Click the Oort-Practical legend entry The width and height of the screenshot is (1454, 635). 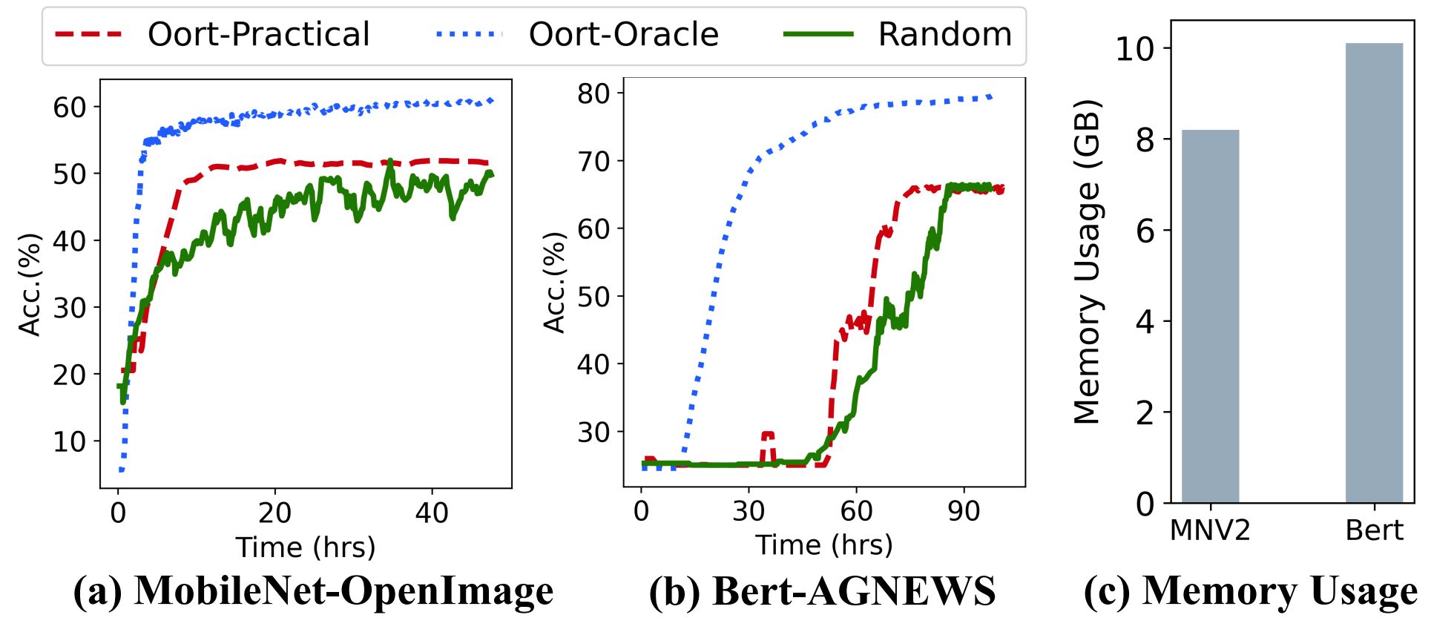(x=212, y=35)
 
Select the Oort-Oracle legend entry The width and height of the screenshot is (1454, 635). (x=578, y=35)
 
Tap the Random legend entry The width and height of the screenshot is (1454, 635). (x=898, y=35)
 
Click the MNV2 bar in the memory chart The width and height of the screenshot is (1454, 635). (x=1210, y=317)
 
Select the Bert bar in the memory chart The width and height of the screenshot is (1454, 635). (x=1374, y=274)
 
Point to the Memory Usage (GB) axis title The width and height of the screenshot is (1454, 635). (x=1088, y=261)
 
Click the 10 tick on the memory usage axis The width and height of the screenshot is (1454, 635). (x=1134, y=49)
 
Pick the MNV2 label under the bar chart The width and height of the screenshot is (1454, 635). (x=1210, y=530)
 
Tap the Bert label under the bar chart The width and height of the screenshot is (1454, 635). (x=1375, y=530)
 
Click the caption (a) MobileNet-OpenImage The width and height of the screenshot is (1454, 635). (x=313, y=591)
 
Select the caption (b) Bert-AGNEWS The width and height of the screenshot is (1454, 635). (x=822, y=591)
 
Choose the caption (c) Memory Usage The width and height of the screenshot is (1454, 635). (x=1251, y=591)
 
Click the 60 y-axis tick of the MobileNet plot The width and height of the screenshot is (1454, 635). (x=70, y=108)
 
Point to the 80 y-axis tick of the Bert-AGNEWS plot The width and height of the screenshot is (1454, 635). (x=593, y=94)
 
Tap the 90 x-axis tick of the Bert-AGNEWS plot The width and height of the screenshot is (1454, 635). (x=964, y=511)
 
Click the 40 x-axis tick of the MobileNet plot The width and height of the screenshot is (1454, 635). (x=432, y=513)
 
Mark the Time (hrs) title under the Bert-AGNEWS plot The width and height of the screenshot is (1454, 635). (x=823, y=545)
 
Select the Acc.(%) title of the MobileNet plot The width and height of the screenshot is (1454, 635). (x=30, y=285)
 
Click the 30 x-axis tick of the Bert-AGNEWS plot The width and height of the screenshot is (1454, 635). (x=749, y=511)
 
